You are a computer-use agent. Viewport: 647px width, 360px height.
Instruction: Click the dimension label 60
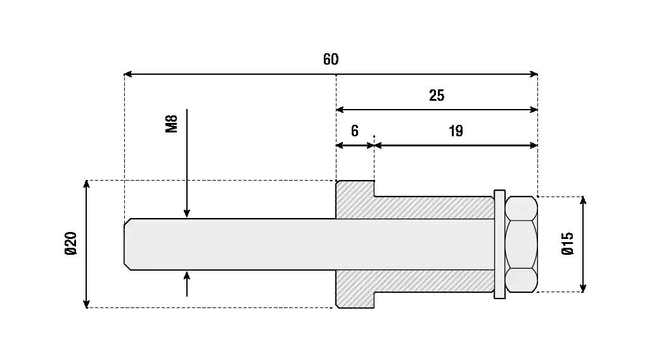(x=331, y=60)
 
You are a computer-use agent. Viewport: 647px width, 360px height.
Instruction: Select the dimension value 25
(x=437, y=96)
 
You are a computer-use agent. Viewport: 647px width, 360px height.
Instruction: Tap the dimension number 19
(x=456, y=131)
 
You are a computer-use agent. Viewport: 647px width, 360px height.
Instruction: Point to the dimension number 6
(x=355, y=131)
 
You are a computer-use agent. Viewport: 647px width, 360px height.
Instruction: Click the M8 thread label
(x=171, y=122)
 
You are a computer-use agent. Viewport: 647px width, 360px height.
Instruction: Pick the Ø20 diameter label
(x=71, y=244)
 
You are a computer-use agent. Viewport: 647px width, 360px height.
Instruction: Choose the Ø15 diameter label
(x=568, y=244)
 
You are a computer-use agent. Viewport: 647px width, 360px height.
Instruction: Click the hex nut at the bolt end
(x=521, y=244)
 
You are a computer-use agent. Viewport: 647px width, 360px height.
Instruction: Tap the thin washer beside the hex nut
(x=499, y=244)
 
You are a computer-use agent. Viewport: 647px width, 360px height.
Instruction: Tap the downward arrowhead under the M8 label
(x=187, y=214)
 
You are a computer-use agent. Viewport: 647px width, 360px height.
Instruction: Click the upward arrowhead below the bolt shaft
(x=187, y=275)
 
